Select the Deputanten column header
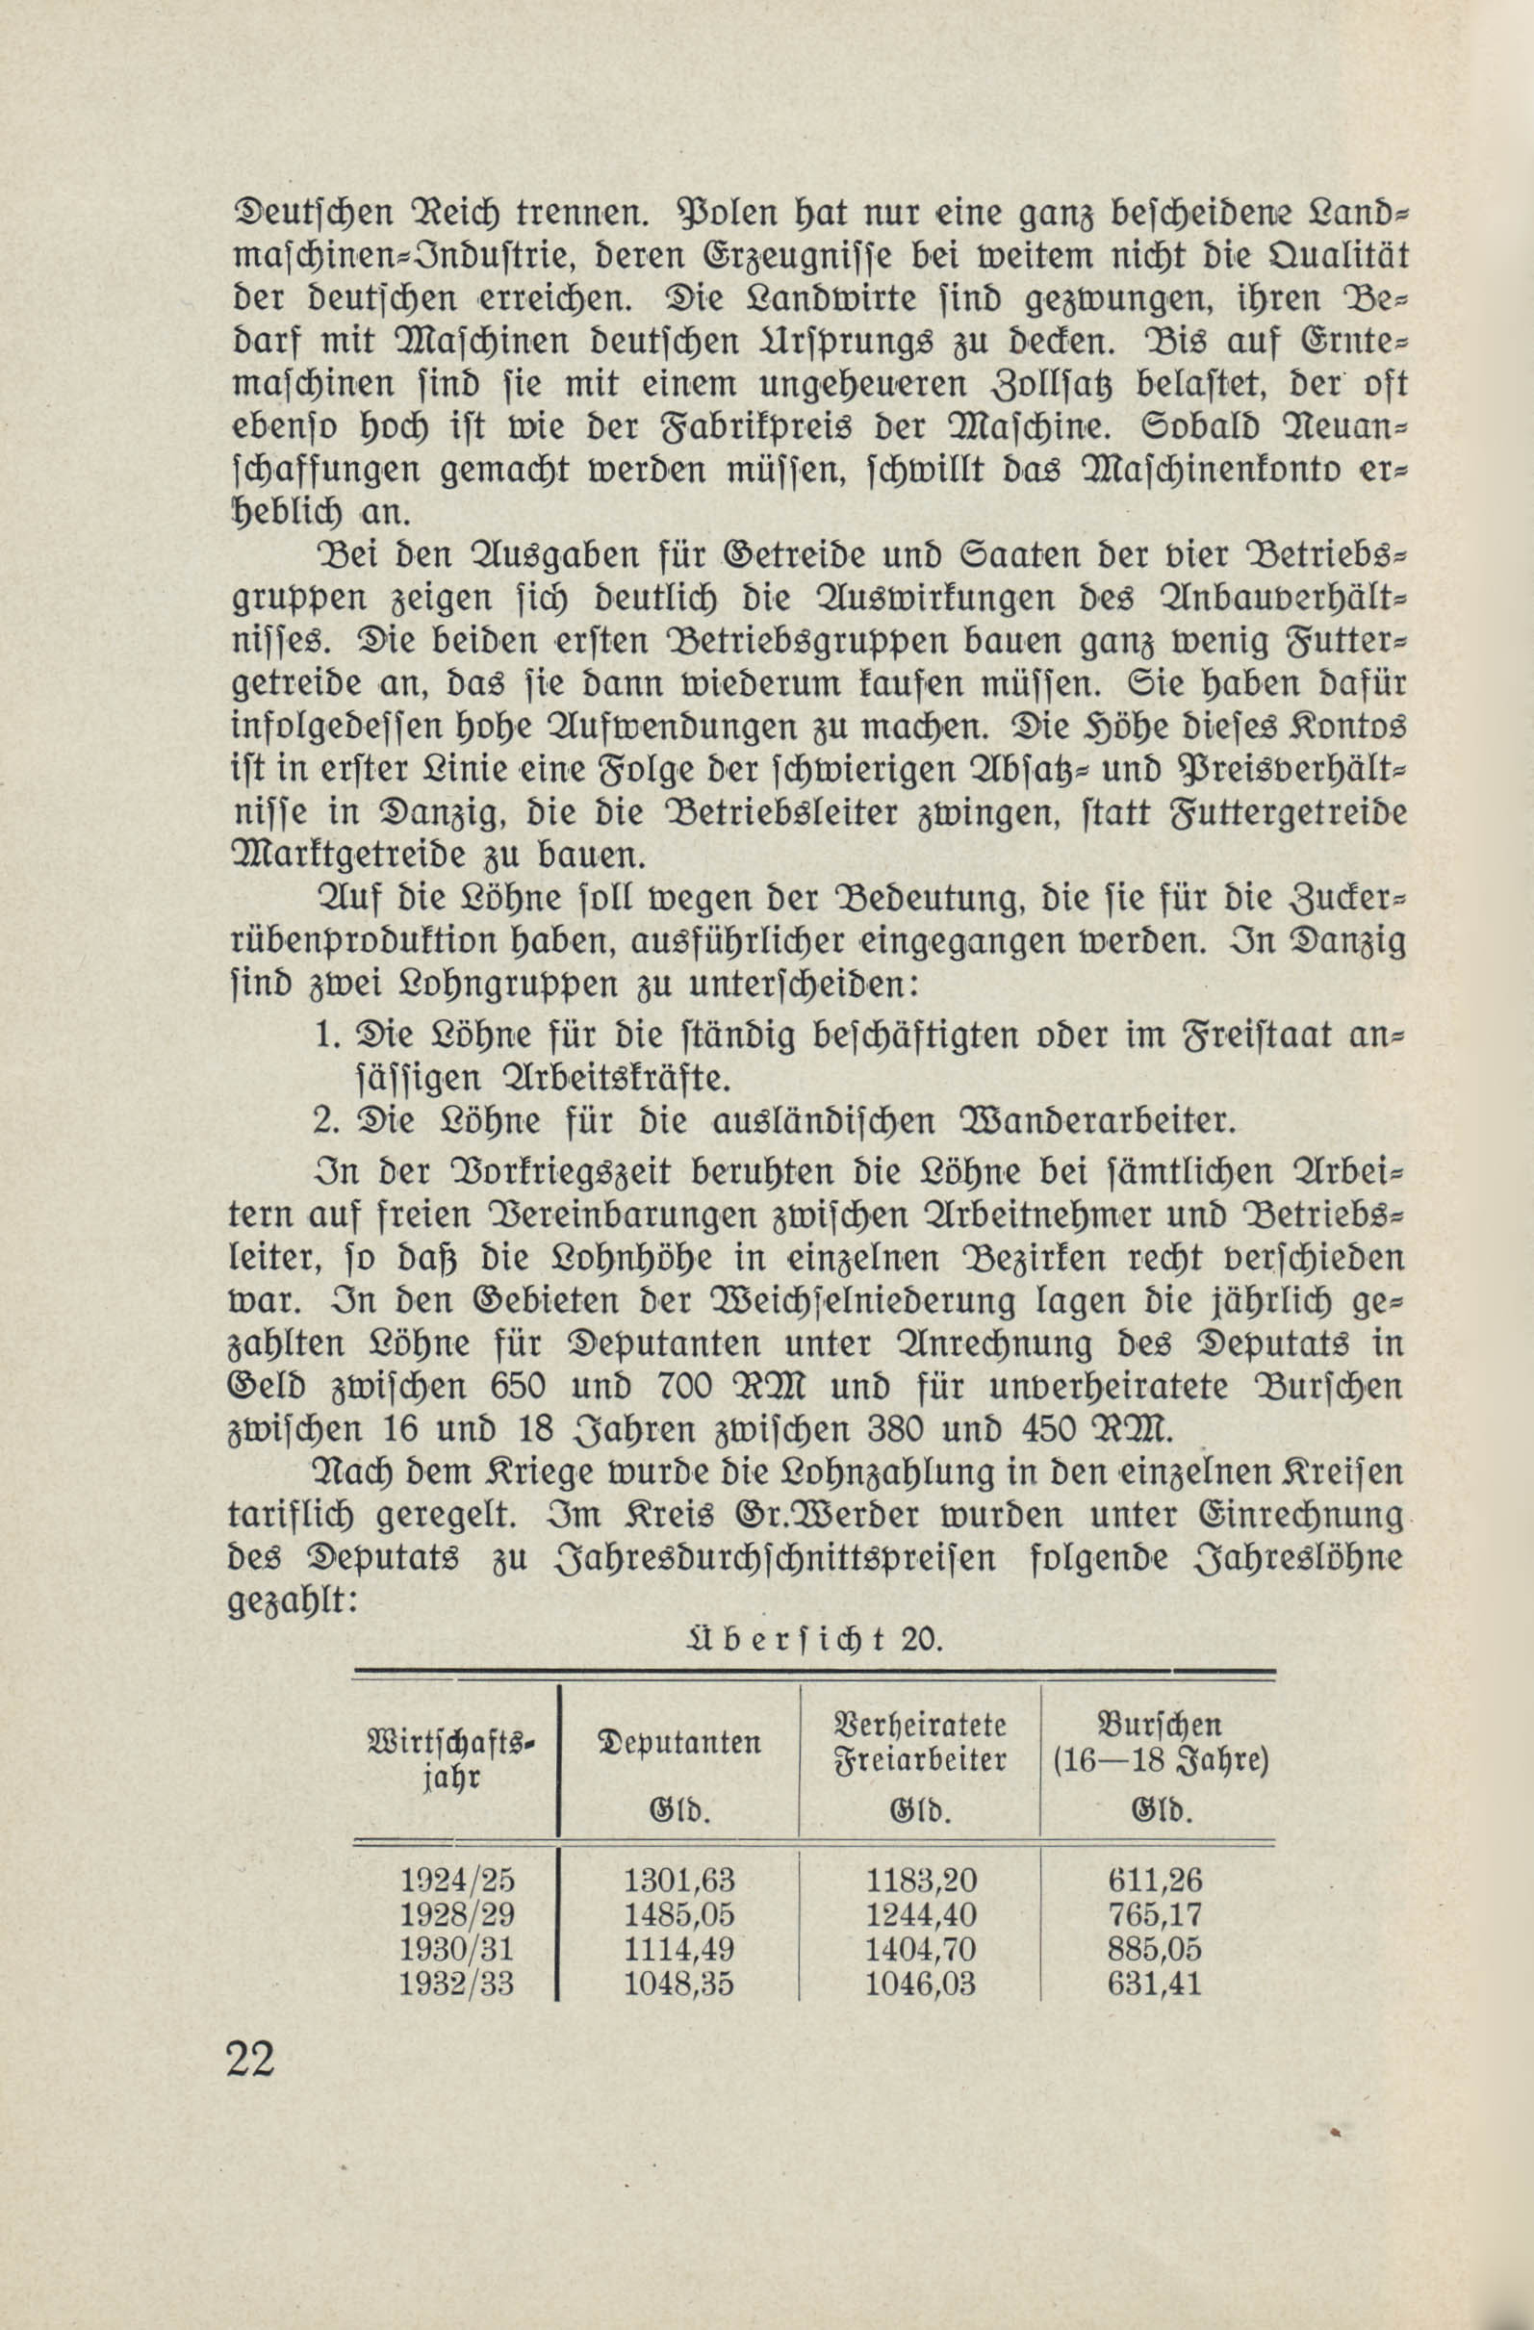pos(678,1744)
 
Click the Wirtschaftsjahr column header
pos(451,1759)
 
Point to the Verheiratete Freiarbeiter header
pos(920,1743)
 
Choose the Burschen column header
pos(1160,1743)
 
